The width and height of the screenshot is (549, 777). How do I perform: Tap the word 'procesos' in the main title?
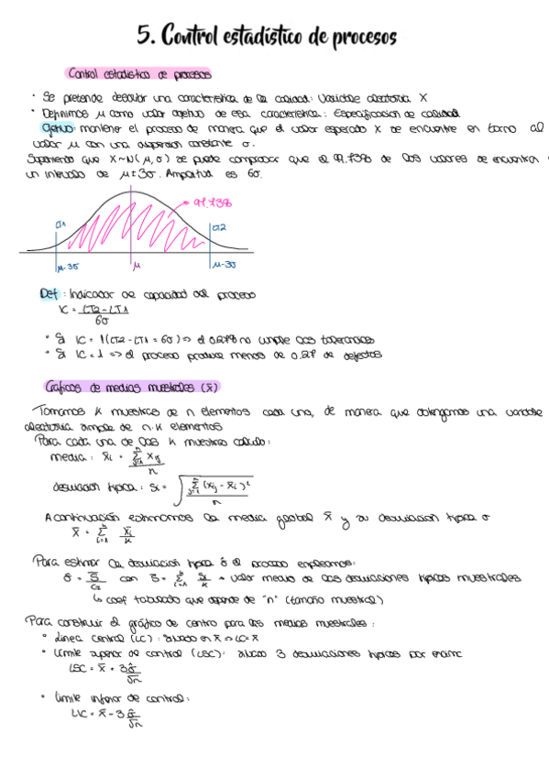click(360, 38)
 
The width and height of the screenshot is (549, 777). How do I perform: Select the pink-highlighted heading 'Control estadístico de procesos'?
click(139, 74)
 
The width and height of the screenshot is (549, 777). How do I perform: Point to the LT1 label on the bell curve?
click(60, 224)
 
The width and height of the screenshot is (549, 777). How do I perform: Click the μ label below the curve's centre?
click(136, 267)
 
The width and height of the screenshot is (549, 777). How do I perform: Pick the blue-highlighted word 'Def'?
click(48, 295)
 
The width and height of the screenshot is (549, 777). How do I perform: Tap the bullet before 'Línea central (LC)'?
click(45, 635)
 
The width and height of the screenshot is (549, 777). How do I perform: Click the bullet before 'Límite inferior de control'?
click(45, 698)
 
